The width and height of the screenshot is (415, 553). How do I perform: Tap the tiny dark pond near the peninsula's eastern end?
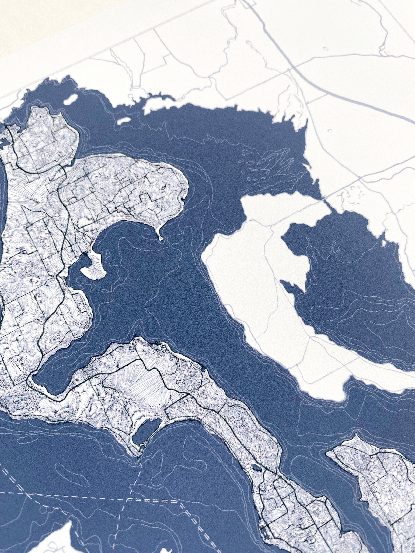click(202, 368)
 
